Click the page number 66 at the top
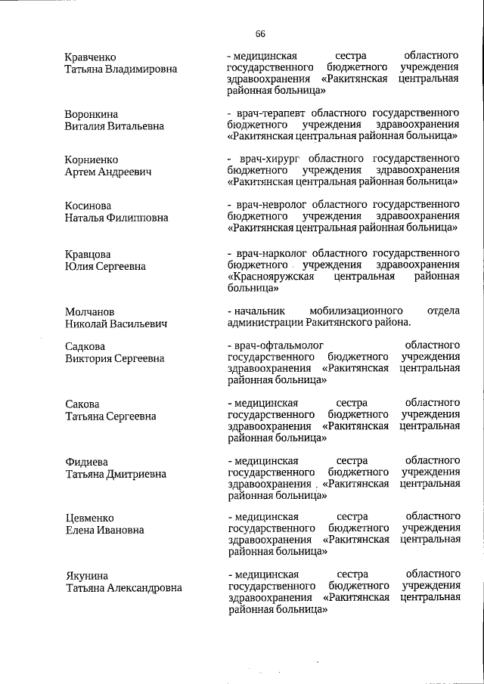(x=260, y=34)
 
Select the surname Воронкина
(x=92, y=114)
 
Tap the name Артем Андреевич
(x=108, y=172)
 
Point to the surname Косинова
(x=88, y=206)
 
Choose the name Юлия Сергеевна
(x=105, y=266)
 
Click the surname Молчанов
(x=90, y=311)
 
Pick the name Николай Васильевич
(x=116, y=323)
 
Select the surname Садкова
(x=85, y=346)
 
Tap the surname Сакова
(x=82, y=404)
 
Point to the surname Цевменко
(x=89, y=518)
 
